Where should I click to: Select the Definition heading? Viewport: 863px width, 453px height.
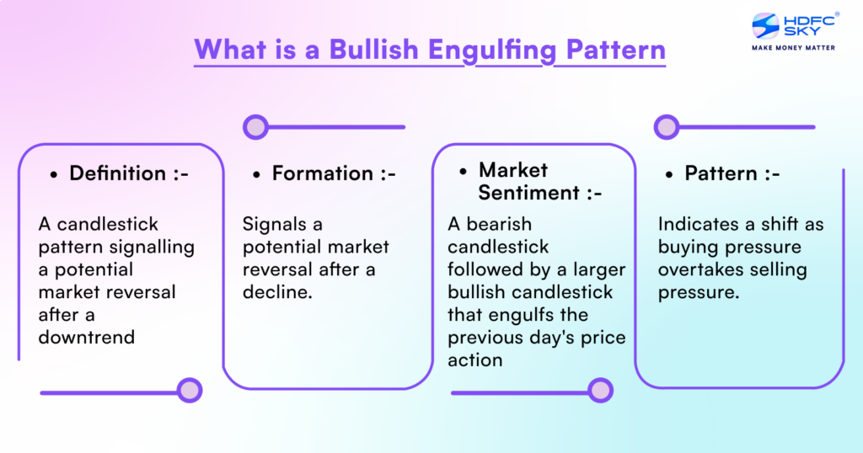click(117, 173)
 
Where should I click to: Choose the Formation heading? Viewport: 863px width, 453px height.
click(322, 173)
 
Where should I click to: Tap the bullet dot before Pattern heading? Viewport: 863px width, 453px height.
click(669, 174)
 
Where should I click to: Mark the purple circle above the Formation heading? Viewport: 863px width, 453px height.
click(255, 127)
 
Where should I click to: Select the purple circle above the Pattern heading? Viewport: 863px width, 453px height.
click(667, 127)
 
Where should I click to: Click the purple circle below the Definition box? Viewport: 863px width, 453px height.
click(190, 390)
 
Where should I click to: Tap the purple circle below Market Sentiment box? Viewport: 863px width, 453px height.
click(600, 390)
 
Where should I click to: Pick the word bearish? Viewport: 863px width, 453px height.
click(502, 225)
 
